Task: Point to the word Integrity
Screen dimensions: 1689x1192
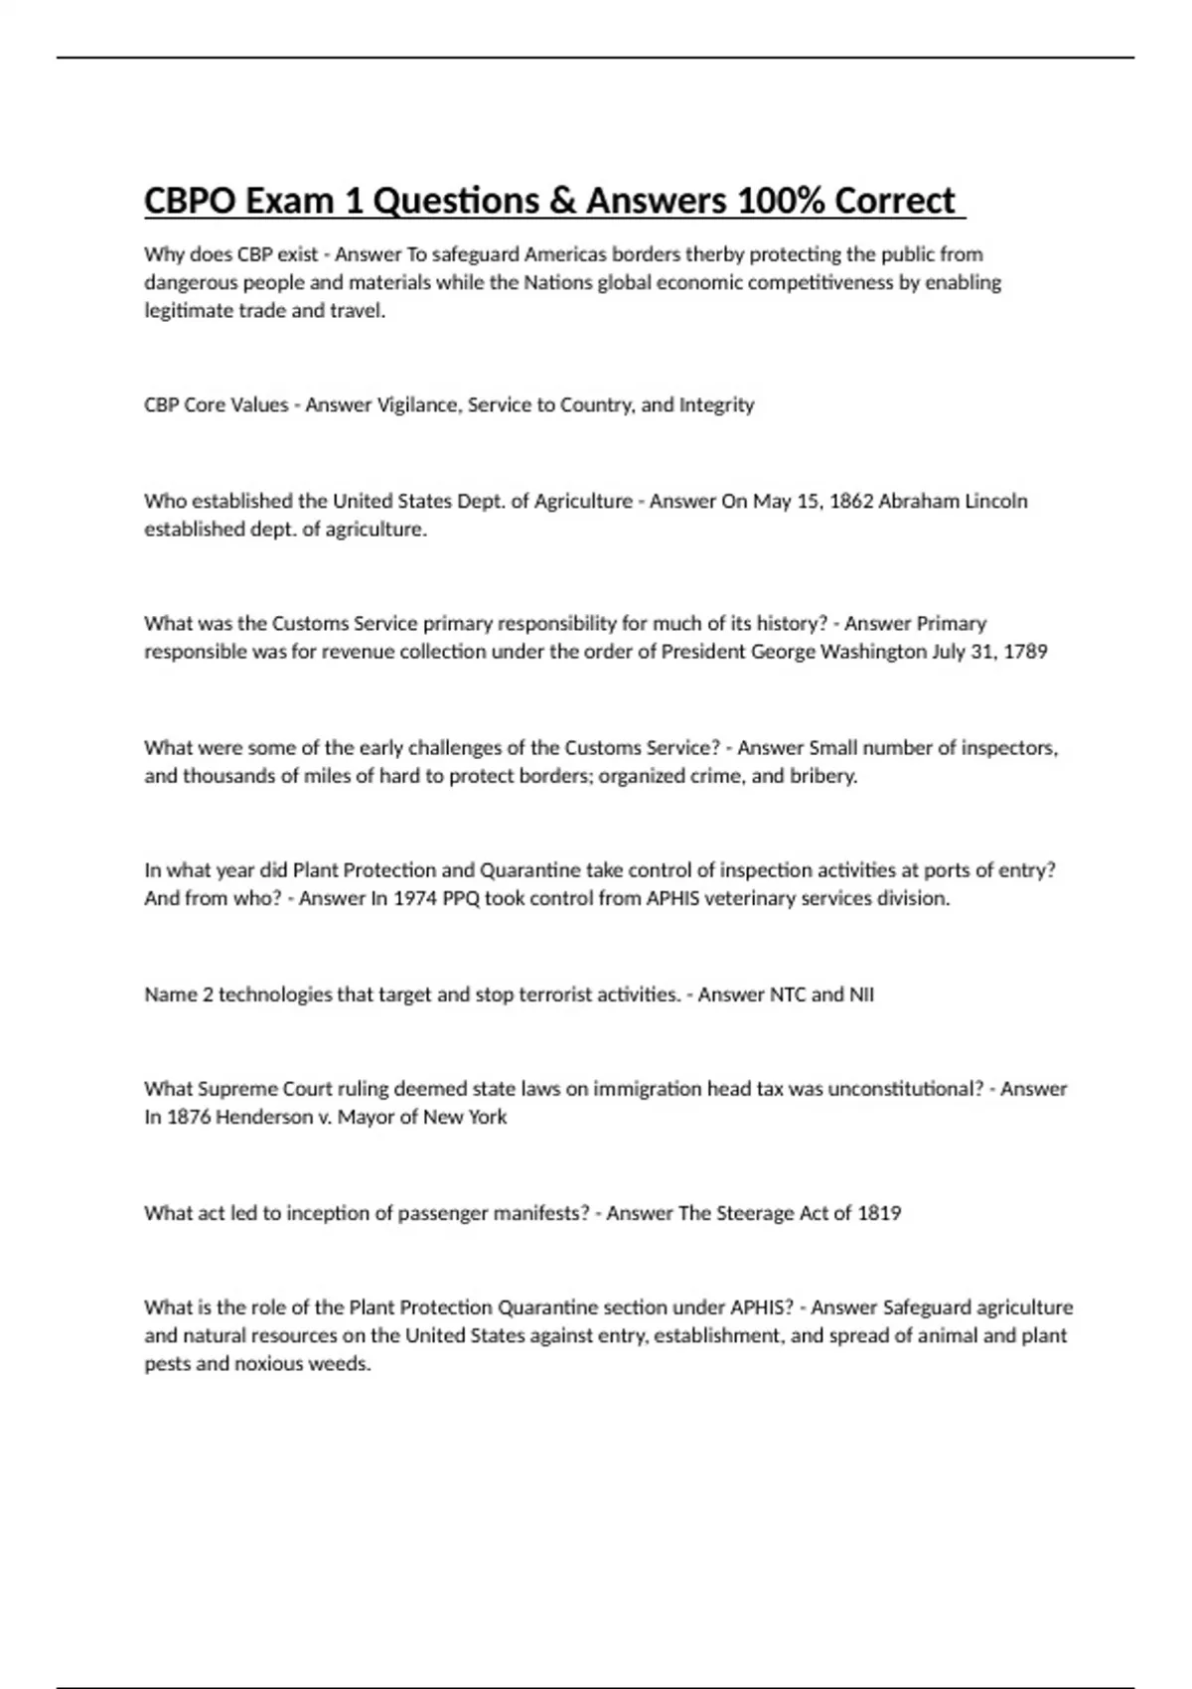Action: tap(716, 405)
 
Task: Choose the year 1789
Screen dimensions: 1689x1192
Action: tap(1025, 653)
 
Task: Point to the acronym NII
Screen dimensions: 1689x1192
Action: tap(860, 995)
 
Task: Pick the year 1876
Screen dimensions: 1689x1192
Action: tap(189, 1118)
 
